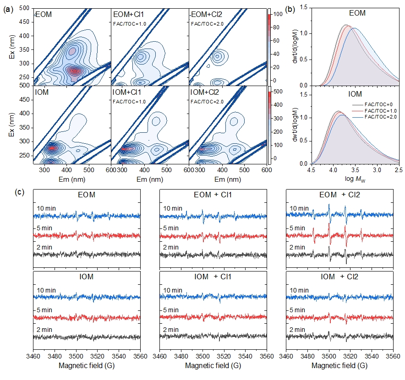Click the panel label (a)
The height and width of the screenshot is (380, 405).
coord(7,10)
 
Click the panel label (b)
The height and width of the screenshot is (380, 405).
coord(291,10)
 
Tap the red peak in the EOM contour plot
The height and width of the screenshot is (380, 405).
coord(75,71)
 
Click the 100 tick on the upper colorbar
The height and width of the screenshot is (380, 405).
coord(276,15)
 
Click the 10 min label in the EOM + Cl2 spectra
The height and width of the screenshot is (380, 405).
coord(300,209)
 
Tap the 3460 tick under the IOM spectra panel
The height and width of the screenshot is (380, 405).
coord(33,355)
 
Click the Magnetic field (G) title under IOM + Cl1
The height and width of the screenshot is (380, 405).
coord(213,366)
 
